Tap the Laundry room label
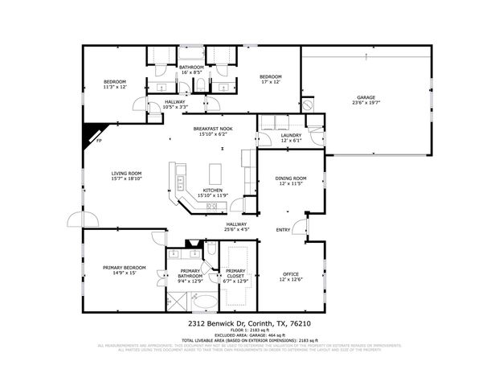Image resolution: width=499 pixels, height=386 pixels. tap(291, 138)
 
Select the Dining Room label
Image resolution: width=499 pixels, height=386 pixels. tap(291, 181)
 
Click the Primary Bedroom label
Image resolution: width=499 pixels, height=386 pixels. tap(124, 270)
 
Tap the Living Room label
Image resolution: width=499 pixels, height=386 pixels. tap(126, 176)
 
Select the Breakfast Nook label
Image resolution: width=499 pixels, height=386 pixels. tap(213, 131)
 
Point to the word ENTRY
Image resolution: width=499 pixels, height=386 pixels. tap(283, 230)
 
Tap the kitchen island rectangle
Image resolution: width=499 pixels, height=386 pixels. tap(215, 173)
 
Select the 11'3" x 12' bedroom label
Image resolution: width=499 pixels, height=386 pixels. tap(115, 84)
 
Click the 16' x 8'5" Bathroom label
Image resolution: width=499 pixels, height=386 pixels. tap(191, 70)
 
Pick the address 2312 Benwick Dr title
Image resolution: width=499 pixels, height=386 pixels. tap(249, 323)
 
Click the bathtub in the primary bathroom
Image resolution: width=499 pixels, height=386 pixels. tap(207, 302)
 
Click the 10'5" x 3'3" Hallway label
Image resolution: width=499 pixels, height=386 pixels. tap(174, 105)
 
